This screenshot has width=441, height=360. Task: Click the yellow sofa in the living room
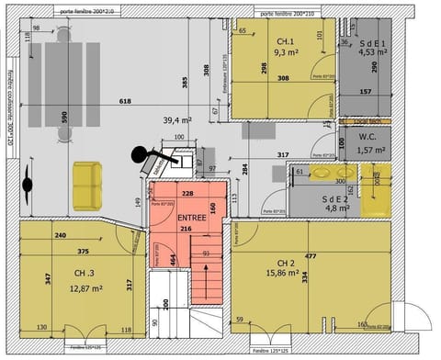coord(88,185)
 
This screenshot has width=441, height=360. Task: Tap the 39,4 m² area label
coord(176,120)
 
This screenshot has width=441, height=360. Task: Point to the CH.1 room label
coord(285,42)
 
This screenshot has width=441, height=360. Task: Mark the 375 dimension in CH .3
coord(82,252)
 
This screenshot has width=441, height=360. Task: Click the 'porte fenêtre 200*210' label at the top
coord(287,14)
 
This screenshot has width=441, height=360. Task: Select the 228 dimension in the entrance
coord(187,193)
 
